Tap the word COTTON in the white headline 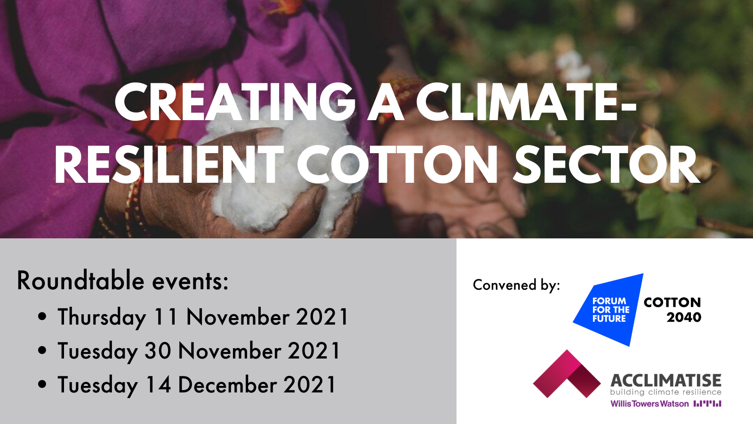(x=397, y=164)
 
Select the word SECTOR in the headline (x=607, y=164)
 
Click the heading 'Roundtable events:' (x=123, y=280)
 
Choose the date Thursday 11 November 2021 (x=203, y=317)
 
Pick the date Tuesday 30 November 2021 (x=199, y=351)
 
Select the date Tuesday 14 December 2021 (x=197, y=384)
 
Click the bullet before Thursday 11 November (x=42, y=317)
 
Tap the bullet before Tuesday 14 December (x=42, y=384)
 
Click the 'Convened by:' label (x=516, y=285)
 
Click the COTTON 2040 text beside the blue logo (x=673, y=310)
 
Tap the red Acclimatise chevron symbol (x=567, y=374)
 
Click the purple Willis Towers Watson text (x=649, y=403)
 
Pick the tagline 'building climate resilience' (x=665, y=392)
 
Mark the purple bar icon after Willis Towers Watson (x=707, y=403)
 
